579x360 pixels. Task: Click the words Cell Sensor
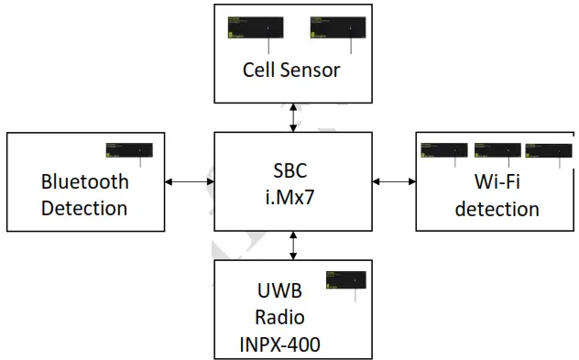291,70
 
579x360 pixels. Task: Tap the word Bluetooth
84,180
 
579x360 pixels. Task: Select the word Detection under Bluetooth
84,208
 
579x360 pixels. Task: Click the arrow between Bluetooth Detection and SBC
189,181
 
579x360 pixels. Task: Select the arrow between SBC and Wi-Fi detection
394,181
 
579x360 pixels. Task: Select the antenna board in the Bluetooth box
128,149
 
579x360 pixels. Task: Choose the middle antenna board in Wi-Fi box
497,150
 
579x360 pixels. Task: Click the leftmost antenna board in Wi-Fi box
443,150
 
